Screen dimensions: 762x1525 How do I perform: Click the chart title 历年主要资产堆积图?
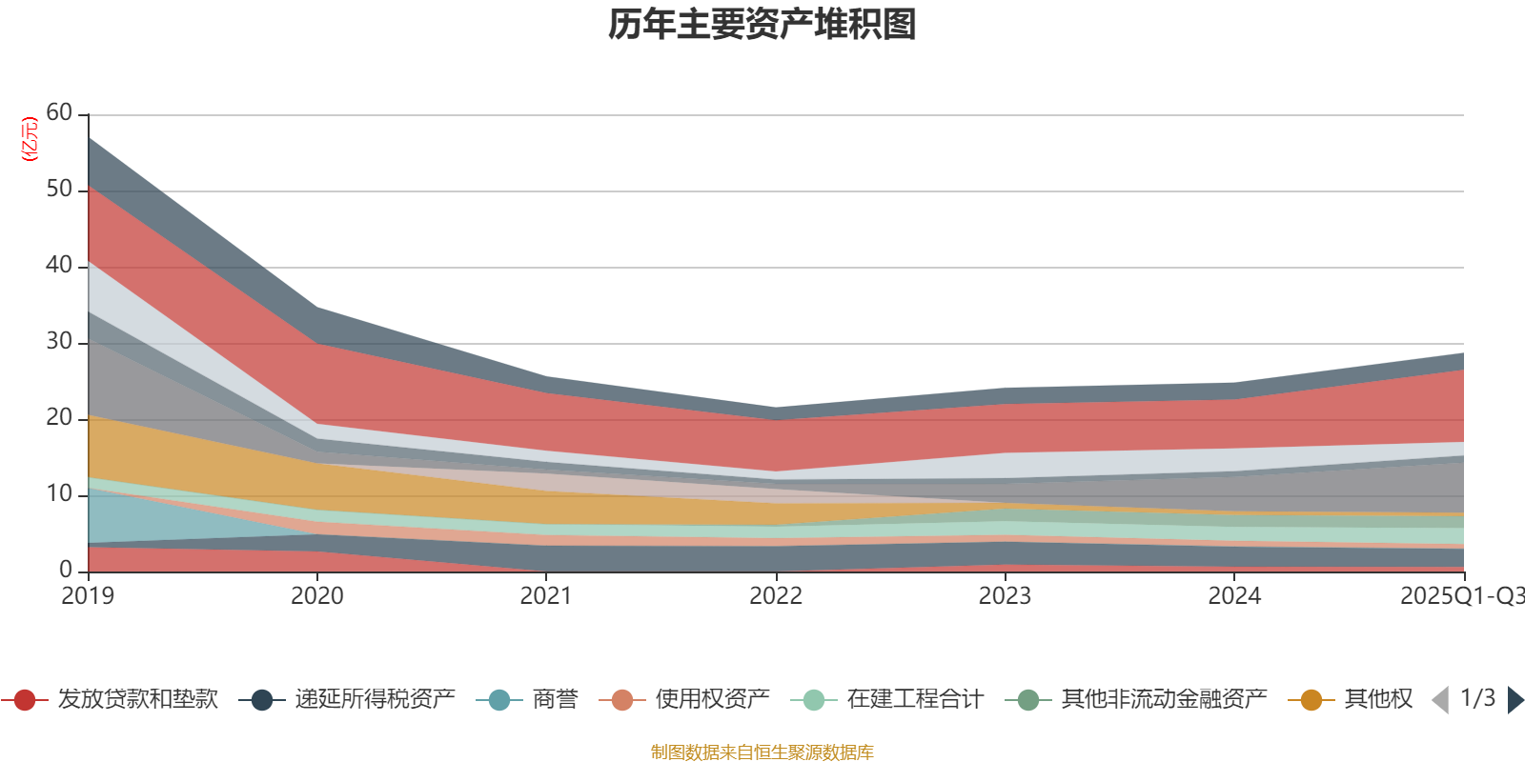(762, 25)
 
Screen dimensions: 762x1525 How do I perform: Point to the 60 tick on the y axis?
(59, 113)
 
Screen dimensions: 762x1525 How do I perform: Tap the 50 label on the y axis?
(59, 190)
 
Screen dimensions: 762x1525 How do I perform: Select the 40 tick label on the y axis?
(59, 266)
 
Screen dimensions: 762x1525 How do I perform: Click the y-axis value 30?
(59, 342)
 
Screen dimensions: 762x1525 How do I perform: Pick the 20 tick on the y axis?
(59, 418)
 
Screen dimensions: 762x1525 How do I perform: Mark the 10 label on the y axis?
(59, 494)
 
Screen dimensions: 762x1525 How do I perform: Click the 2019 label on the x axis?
(88, 596)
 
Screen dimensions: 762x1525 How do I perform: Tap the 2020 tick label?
(316, 596)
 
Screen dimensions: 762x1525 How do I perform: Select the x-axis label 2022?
(776, 596)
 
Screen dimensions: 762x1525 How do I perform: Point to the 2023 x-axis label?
(1005, 596)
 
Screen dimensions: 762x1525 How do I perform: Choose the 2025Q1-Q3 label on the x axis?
(1460, 596)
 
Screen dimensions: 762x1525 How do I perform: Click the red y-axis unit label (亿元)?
(30, 139)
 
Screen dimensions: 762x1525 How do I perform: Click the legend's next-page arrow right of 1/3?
(1515, 700)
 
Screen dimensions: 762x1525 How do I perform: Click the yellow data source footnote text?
(762, 752)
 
